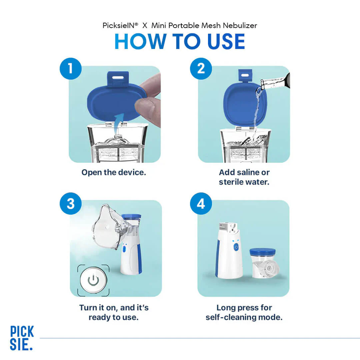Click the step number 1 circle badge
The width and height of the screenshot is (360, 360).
coord(71,69)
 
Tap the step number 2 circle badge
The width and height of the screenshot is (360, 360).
coord(201,69)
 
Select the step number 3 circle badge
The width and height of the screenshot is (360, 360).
coord(71,204)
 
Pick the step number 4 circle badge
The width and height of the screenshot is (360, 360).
coord(201,204)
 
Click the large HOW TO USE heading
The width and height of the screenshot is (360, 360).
coord(180,42)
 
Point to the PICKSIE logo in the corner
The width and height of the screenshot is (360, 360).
coord(22,338)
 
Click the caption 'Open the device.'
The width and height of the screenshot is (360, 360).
coord(114,172)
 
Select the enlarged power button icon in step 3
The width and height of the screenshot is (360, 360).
coord(93,280)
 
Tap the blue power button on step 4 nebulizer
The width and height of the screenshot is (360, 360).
coord(236,247)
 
